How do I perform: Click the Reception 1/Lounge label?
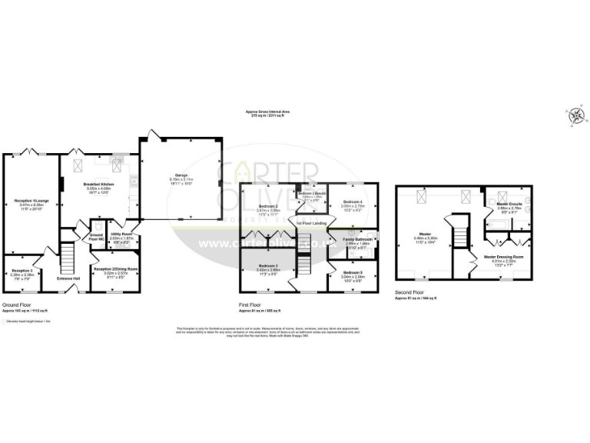30,202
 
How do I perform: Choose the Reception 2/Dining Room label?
115,268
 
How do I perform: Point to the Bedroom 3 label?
267,266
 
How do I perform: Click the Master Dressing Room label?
504,256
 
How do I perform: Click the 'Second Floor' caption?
412,293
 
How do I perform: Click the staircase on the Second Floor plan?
462,231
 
